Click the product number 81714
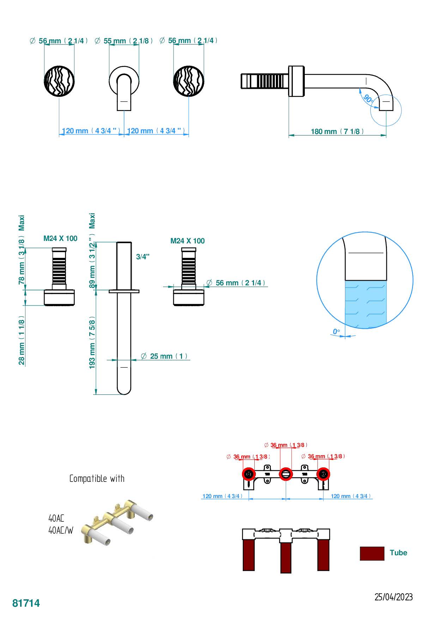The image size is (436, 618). pyautogui.click(x=26, y=603)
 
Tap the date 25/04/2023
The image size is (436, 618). pyautogui.click(x=393, y=597)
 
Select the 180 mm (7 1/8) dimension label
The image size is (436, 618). pyautogui.click(x=337, y=132)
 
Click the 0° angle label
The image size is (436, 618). pyautogui.click(x=336, y=332)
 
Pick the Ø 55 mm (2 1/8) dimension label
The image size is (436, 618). pyautogui.click(x=124, y=41)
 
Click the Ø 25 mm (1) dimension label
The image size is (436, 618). pyautogui.click(x=164, y=356)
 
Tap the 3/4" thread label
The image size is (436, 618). pyautogui.click(x=143, y=257)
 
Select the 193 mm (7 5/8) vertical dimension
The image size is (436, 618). pyautogui.click(x=92, y=343)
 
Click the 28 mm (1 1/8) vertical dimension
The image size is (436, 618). pyautogui.click(x=22, y=340)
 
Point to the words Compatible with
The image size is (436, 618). pyautogui.click(x=97, y=479)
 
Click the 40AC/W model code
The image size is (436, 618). pyautogui.click(x=61, y=530)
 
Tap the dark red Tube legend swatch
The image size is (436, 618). pyautogui.click(x=372, y=553)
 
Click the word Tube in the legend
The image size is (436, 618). pyautogui.click(x=398, y=553)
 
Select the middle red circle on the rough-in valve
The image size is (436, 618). pyautogui.click(x=286, y=474)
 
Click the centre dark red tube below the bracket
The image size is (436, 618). pyautogui.click(x=286, y=557)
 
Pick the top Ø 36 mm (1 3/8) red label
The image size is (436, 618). pyautogui.click(x=286, y=445)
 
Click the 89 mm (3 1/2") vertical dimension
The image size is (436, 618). pyautogui.click(x=92, y=265)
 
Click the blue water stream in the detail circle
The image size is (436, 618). pyautogui.click(x=365, y=303)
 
